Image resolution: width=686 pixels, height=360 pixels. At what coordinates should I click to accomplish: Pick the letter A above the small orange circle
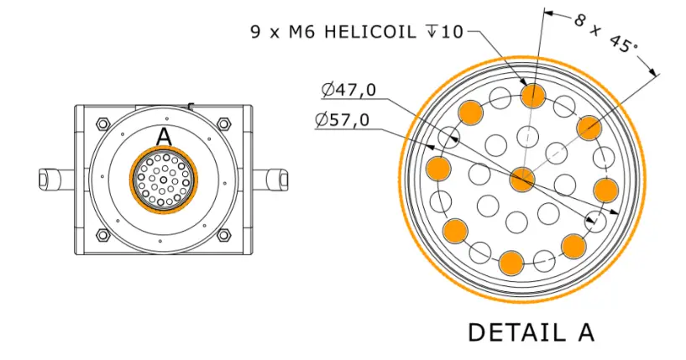(x=164, y=137)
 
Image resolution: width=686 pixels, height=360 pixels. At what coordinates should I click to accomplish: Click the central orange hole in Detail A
(x=522, y=179)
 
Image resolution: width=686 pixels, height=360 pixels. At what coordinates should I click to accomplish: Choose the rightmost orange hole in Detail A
(x=605, y=190)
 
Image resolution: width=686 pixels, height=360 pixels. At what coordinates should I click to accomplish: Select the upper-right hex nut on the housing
(x=224, y=124)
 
